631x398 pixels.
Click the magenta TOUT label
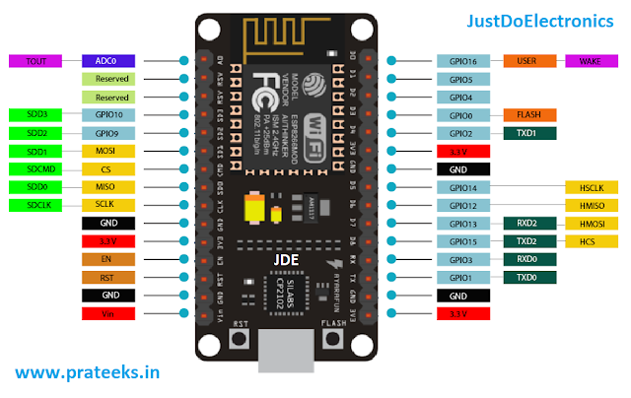coord(36,61)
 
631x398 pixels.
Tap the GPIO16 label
coord(462,61)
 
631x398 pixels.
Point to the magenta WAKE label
coord(590,61)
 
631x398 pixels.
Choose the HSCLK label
coord(590,187)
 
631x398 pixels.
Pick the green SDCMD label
coord(36,168)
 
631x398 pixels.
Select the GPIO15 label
coord(462,241)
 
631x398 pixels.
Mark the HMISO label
coord(590,205)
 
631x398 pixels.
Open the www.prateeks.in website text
coord(87,374)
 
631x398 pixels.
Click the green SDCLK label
coord(36,205)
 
